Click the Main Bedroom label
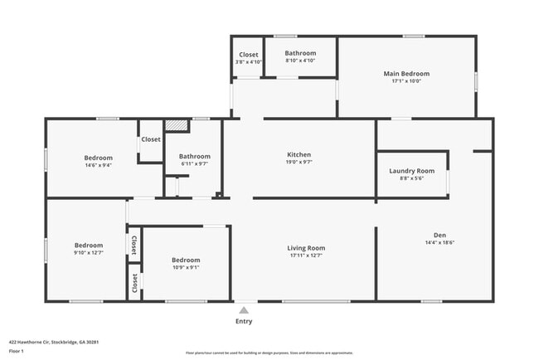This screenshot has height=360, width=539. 406,73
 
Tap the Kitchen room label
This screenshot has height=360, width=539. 299,154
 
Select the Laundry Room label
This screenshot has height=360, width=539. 411,171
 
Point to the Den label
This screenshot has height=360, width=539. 439,234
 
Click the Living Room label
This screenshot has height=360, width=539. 306,247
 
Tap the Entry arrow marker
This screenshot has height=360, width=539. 244,309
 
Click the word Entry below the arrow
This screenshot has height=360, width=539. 244,321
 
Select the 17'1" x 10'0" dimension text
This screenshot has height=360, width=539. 406,81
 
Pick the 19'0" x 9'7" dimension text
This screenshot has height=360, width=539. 299,163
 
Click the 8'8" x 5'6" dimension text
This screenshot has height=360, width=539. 411,179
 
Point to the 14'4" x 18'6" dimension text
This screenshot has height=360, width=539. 439,242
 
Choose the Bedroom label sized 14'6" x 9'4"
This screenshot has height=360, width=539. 98,157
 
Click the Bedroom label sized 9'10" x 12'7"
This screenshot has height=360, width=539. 89,245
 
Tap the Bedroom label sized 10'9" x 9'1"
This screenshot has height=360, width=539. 185,259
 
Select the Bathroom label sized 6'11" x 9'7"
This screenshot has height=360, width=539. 195,156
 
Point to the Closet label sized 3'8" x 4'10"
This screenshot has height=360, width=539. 249,55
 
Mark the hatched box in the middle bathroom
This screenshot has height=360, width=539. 176,126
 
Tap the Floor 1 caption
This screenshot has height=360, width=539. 17,351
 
